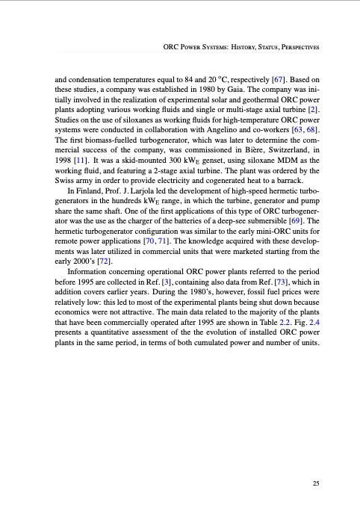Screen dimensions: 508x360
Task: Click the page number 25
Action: (x=317, y=483)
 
